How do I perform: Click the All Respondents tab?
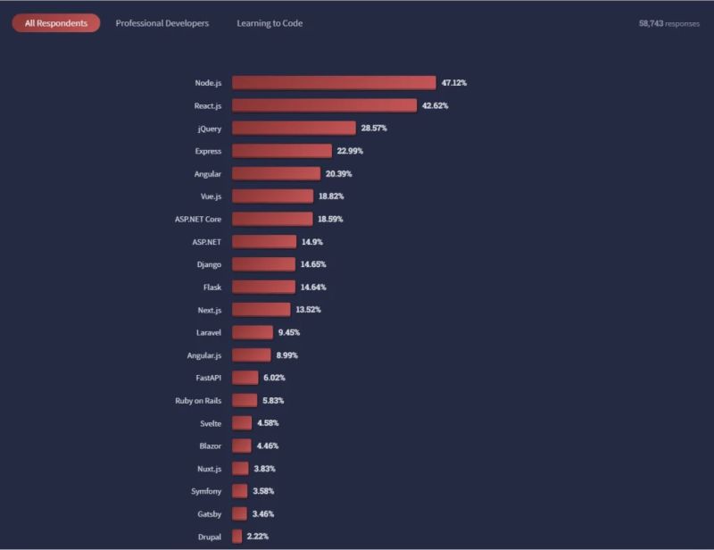click(55, 23)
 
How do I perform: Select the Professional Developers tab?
click(162, 23)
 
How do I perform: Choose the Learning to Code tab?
click(270, 23)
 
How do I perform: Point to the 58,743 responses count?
click(668, 23)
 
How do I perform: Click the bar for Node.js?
click(334, 83)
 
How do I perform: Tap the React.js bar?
click(324, 105)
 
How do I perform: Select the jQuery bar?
click(294, 129)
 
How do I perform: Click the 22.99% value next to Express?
click(350, 151)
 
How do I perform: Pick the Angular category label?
click(207, 173)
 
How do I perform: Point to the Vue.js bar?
click(272, 196)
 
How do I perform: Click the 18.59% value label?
click(330, 219)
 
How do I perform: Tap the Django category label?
click(209, 264)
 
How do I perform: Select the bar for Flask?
click(263, 287)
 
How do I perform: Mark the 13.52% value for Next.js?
click(308, 310)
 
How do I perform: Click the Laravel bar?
click(253, 332)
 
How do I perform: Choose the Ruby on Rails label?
click(198, 401)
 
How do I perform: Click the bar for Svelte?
click(242, 423)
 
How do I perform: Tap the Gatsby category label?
click(209, 513)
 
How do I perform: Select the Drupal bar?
click(237, 537)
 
